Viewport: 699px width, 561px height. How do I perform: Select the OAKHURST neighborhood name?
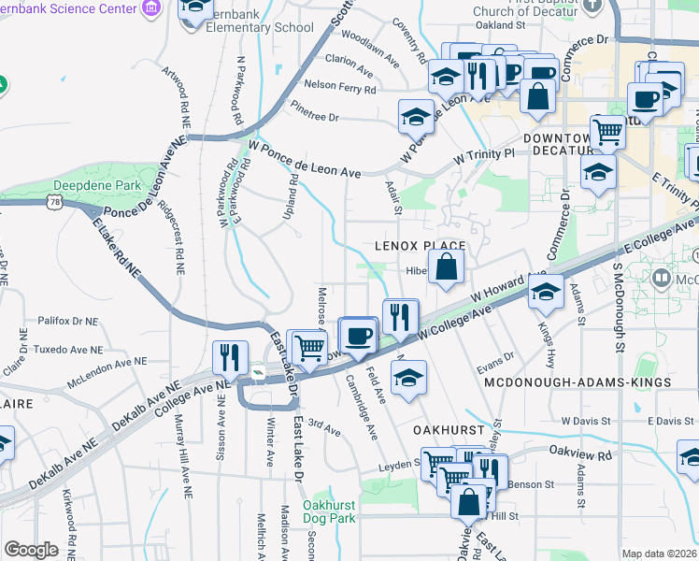pyautogui.click(x=449, y=429)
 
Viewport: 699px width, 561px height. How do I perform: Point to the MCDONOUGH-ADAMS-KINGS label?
pyautogui.click(x=578, y=383)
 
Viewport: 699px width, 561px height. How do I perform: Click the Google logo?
pyautogui.click(x=31, y=550)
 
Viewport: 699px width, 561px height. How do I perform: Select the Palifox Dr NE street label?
pyautogui.click(x=68, y=321)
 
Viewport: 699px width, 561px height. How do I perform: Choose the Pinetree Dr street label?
pyautogui.click(x=314, y=117)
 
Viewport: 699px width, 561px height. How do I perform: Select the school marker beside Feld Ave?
pyautogui.click(x=407, y=379)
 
